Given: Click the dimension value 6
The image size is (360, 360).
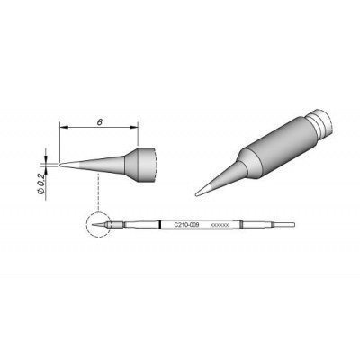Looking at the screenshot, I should coord(99,117).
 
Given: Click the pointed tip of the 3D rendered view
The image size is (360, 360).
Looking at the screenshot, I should coord(197,190).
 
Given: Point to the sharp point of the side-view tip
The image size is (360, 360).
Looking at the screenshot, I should coord(62,164).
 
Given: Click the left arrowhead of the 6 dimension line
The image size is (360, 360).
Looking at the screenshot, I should coord(63,130).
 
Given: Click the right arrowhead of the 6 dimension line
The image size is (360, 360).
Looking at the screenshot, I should coord(137,130).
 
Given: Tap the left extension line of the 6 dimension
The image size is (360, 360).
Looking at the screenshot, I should coord(59,144).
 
